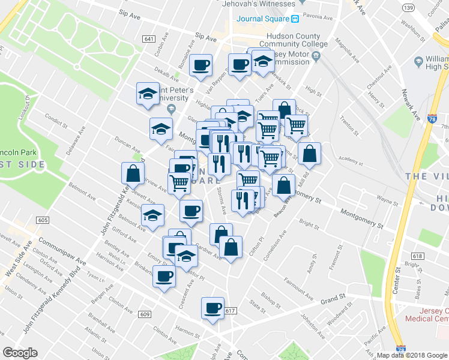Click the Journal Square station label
262,19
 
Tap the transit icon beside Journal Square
295,19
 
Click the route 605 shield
42,220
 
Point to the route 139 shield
409,8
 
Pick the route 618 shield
418,256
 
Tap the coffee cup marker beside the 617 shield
212,308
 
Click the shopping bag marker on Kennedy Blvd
133,173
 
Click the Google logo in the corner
20,353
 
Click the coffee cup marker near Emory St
164,277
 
